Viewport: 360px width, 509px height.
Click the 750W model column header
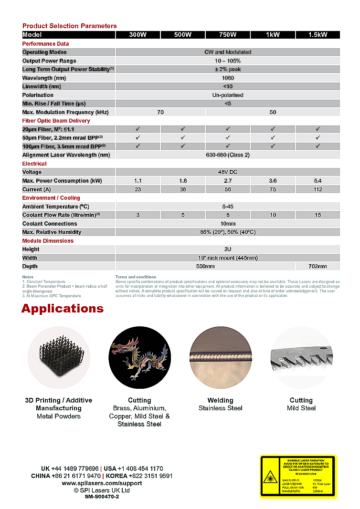pyautogui.click(x=228, y=35)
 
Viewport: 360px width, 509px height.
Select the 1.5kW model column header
pyautogui.click(x=318, y=35)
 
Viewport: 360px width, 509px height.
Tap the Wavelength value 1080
pyautogui.click(x=228, y=78)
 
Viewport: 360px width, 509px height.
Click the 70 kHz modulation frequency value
pyautogui.click(x=160, y=112)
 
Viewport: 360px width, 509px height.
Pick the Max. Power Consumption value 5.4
pyautogui.click(x=318, y=181)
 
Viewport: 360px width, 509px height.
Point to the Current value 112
pyautogui.click(x=318, y=189)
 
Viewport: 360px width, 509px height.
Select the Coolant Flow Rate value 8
pyautogui.click(x=228, y=215)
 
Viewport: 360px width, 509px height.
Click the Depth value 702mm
pyautogui.click(x=318, y=266)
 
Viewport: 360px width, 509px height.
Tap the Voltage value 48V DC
pyautogui.click(x=228, y=172)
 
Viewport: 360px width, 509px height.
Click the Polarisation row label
pyautogui.click(x=38, y=95)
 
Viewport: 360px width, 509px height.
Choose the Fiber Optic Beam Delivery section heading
pyautogui.click(x=56, y=121)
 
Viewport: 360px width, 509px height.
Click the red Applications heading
pyautogui.click(x=62, y=309)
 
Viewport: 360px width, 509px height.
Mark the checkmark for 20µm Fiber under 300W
pyautogui.click(x=138, y=129)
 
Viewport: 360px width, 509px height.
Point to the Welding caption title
pyautogui.click(x=220, y=400)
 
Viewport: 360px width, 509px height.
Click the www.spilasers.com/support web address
pyautogui.click(x=102, y=483)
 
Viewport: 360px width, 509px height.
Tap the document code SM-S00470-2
pyautogui.click(x=102, y=497)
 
